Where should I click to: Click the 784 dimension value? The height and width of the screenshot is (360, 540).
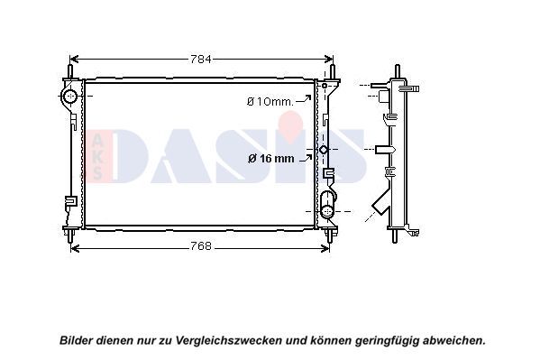(201, 60)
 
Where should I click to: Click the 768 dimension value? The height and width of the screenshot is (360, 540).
(201, 246)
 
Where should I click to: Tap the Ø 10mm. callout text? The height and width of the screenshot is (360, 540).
(270, 101)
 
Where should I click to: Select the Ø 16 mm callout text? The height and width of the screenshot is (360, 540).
(271, 158)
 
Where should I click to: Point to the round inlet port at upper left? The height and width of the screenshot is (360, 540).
(70, 96)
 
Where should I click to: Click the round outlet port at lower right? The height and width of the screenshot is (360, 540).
(326, 210)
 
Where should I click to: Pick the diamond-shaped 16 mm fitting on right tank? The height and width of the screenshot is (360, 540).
(324, 150)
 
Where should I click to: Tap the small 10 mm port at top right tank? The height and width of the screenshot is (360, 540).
(324, 85)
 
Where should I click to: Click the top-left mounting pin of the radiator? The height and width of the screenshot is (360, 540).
(70, 71)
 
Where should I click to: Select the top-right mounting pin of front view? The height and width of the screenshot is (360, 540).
(333, 71)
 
